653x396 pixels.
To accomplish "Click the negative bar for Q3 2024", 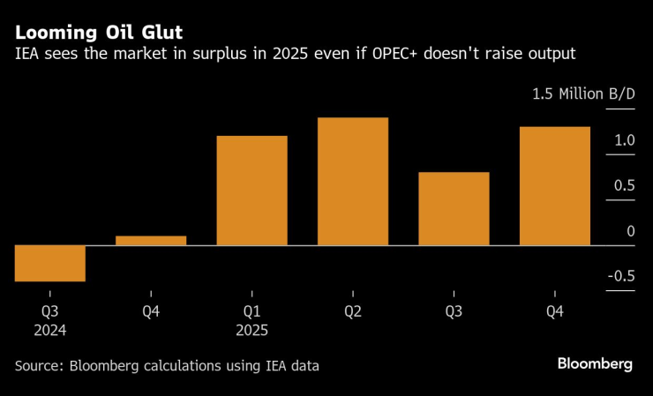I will [x=49, y=263].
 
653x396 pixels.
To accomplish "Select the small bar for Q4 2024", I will [x=151, y=240].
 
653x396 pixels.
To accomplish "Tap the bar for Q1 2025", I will [x=251, y=191].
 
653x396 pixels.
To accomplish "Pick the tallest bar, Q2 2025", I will [x=353, y=181].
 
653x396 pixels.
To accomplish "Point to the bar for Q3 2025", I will [x=454, y=208].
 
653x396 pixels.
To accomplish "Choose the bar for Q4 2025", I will [x=554, y=185].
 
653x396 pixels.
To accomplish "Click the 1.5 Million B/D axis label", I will [x=582, y=94].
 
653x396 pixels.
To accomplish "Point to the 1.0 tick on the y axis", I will [x=624, y=140].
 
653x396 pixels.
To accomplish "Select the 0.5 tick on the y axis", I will [x=624, y=185].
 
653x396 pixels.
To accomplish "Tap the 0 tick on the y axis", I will [x=630, y=231].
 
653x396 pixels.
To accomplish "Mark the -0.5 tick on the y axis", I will [x=621, y=276].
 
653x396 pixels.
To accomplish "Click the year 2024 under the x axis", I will [x=49, y=330].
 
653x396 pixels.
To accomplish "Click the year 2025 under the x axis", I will [x=251, y=330].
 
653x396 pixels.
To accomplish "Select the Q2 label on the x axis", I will [x=353, y=310].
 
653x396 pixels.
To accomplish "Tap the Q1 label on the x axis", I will [x=251, y=310].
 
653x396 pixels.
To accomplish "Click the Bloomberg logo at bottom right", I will [x=594, y=364].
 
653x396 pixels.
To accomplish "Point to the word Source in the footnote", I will [x=40, y=365].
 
